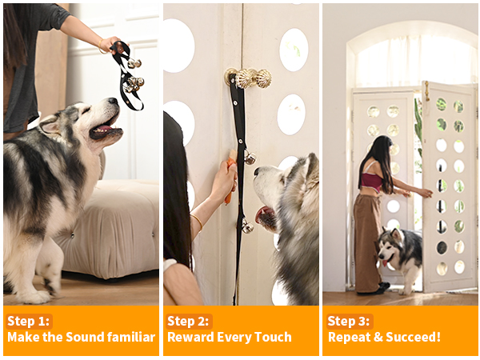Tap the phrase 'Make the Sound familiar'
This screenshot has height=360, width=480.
pyautogui.click(x=81, y=337)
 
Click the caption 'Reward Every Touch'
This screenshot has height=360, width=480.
pyautogui.click(x=230, y=337)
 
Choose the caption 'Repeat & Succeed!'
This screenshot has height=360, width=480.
pyautogui.click(x=384, y=337)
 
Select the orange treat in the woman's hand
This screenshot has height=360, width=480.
pyautogui.click(x=229, y=190)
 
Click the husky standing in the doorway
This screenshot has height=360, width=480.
pyautogui.click(x=400, y=256)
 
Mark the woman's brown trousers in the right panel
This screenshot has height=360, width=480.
pyautogui.click(x=369, y=240)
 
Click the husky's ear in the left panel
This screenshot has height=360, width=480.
pyautogui.click(x=50, y=122)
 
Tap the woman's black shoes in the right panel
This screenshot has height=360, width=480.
pyautogui.click(x=382, y=286)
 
